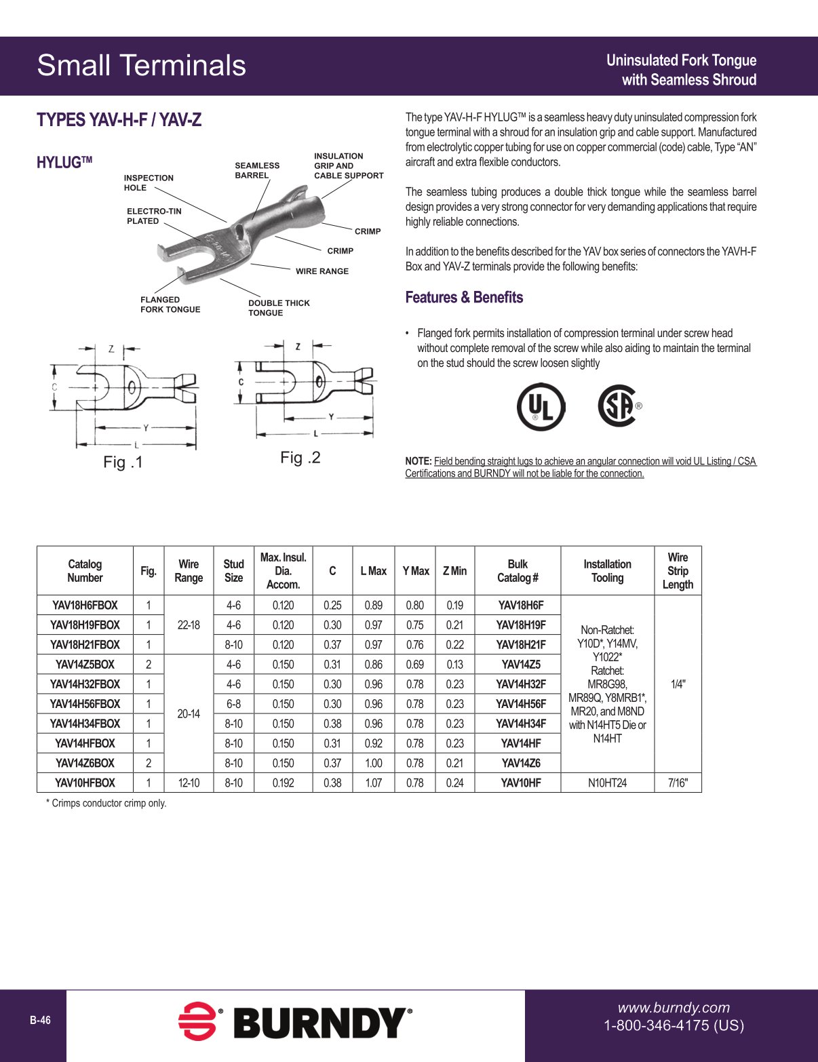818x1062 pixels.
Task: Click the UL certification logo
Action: (x=541, y=407)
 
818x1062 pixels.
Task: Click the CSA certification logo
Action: (x=618, y=406)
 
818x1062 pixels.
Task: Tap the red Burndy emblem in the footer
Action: (x=197, y=1021)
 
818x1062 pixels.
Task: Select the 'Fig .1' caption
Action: (x=123, y=463)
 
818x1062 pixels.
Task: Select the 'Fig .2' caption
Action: (x=300, y=458)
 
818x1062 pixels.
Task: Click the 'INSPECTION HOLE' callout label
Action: (x=149, y=183)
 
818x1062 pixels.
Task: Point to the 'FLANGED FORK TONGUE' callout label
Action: (x=170, y=304)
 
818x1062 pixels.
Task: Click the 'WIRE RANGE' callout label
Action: (x=322, y=271)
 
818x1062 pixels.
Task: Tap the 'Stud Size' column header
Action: (x=233, y=571)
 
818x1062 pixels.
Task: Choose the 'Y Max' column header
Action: (x=415, y=571)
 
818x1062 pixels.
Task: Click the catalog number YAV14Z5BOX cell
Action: (x=85, y=665)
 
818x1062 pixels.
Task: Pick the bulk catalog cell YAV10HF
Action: (x=520, y=783)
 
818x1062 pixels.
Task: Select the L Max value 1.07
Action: (x=373, y=783)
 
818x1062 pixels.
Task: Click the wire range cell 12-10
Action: (x=189, y=783)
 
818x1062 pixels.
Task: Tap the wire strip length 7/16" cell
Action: (x=677, y=783)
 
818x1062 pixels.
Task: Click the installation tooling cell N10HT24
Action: (x=607, y=783)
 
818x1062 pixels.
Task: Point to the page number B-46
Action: (x=40, y=1021)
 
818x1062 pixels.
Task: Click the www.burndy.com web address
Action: (x=673, y=1008)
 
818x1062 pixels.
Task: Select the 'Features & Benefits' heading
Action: (x=464, y=298)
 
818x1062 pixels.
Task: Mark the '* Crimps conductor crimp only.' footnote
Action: (x=106, y=804)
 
